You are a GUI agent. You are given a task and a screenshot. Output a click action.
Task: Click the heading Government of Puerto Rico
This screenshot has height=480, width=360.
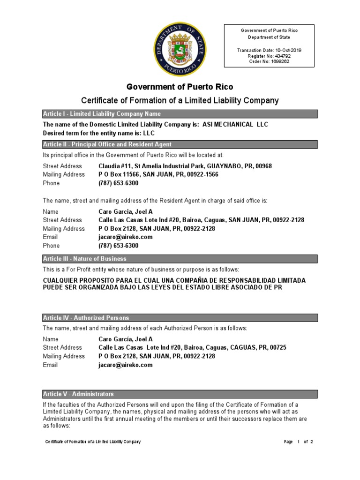[x=180, y=87]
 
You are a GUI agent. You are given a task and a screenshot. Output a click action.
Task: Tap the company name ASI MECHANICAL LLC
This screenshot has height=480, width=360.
[x=236, y=124]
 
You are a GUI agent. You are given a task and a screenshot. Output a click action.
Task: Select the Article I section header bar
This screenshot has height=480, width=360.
[x=180, y=114]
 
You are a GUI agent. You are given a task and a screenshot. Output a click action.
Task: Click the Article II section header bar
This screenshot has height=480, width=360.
[x=180, y=144]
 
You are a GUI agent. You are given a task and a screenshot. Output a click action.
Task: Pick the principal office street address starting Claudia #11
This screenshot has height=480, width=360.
[x=185, y=166]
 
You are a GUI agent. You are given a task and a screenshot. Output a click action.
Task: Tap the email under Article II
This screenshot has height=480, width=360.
[x=126, y=237]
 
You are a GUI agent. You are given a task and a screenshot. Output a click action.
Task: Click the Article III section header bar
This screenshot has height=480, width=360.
[x=180, y=259]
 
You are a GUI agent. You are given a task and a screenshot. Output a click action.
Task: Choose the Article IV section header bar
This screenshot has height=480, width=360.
[x=180, y=318]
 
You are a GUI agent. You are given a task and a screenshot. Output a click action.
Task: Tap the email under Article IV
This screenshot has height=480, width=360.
[x=126, y=365]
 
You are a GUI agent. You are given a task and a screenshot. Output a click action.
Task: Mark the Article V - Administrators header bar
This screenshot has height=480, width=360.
[x=180, y=394]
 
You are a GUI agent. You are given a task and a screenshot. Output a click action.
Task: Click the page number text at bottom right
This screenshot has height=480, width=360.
[x=298, y=442]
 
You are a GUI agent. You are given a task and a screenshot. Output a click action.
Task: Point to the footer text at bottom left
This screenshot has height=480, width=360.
[x=93, y=442]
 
